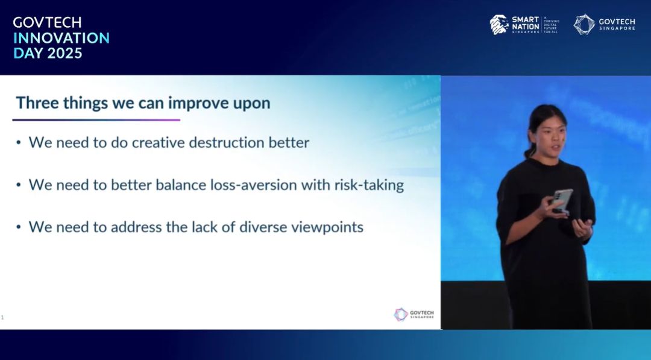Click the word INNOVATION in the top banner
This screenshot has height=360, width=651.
[61, 38]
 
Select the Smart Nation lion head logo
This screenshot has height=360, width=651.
[499, 25]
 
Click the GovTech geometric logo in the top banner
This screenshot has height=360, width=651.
[583, 24]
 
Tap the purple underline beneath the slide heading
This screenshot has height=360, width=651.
[96, 120]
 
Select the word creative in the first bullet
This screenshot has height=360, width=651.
[158, 142]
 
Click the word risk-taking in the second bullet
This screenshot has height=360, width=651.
[369, 185]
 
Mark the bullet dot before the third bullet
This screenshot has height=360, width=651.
[18, 227]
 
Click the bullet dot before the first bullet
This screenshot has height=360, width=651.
[18, 143]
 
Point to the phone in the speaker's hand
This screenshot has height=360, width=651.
[562, 200]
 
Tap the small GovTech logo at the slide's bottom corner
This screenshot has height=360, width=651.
[414, 314]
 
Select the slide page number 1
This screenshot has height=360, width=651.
[2, 318]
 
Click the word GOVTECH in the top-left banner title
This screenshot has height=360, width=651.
[48, 22]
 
